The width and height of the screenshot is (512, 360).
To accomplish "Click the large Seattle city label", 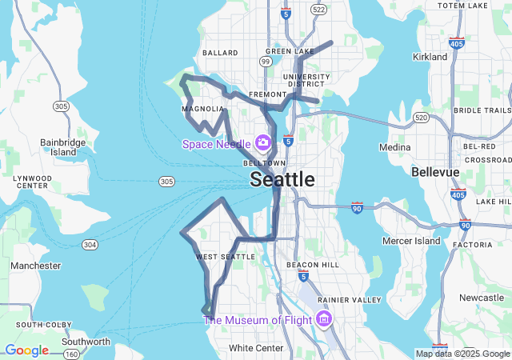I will pyautogui.click(x=282, y=179).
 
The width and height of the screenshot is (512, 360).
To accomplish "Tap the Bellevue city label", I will pyautogui.click(x=435, y=172).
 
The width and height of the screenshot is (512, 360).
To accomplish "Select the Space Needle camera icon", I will pyautogui.click(x=262, y=143).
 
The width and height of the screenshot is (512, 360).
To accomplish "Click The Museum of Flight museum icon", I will pyautogui.click(x=324, y=320).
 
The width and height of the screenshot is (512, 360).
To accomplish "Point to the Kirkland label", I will pyautogui.click(x=430, y=58).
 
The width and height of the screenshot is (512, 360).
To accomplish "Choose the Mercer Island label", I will pyautogui.click(x=412, y=241).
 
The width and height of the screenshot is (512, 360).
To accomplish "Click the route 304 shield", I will pyautogui.click(x=90, y=244).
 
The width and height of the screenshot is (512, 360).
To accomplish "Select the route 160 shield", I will pyautogui.click(x=71, y=353).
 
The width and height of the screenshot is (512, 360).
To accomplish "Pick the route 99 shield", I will pyautogui.click(x=265, y=61).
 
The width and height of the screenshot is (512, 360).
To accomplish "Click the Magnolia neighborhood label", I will pyautogui.click(x=203, y=109).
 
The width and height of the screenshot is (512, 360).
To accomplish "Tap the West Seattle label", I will pyautogui.click(x=226, y=257).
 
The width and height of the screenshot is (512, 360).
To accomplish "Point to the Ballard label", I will pyautogui.click(x=220, y=53).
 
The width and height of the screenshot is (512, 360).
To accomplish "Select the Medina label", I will pyautogui.click(x=394, y=148).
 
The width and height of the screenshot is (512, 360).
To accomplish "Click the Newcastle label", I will pyautogui.click(x=482, y=298).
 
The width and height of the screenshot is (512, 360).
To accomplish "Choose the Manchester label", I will pyautogui.click(x=35, y=266).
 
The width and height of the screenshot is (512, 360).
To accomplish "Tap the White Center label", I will pyautogui.click(x=256, y=348).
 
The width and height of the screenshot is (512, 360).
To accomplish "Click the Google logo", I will pyautogui.click(x=26, y=350).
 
